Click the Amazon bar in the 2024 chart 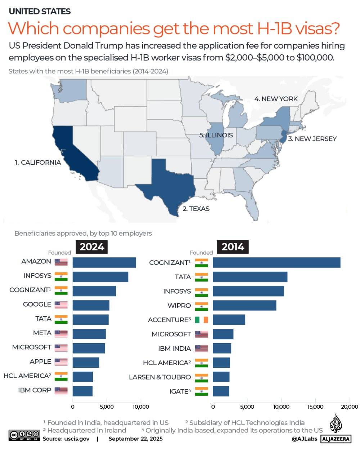tap(104, 263)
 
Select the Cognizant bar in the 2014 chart tap(276, 263)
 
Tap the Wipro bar tap(244, 305)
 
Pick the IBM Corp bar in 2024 tap(82, 391)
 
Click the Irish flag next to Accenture tap(202, 320)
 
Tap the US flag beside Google tap(61, 305)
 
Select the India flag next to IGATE tap(202, 391)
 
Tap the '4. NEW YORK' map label tap(276, 99)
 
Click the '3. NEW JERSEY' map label tap(312, 139)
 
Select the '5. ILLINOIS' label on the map tap(216, 135)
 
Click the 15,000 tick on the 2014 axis tap(315, 407)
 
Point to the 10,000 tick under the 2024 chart tap(141, 407)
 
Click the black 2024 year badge tap(92, 247)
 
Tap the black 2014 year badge tap(233, 247)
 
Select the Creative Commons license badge tap(24, 435)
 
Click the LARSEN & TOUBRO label tap(160, 377)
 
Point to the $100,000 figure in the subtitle tap(315, 58)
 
